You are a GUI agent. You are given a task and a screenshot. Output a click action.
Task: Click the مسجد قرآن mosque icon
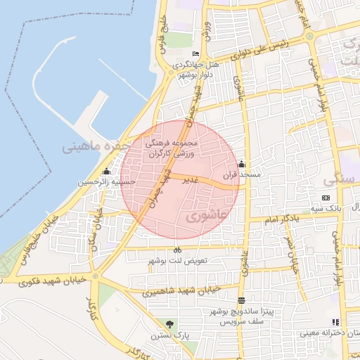[x=243, y=163]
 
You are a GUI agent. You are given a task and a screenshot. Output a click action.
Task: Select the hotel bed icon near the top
[x=195, y=54]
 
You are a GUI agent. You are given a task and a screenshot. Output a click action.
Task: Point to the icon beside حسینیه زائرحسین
[x=106, y=171]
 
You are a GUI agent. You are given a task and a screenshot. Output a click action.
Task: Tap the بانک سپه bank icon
[x=326, y=198]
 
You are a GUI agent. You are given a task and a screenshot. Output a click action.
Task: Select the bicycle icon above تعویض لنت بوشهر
[x=177, y=250]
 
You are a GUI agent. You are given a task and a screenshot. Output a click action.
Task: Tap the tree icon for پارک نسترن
[x=169, y=324]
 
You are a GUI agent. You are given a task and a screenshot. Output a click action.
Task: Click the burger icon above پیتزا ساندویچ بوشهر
[x=242, y=300]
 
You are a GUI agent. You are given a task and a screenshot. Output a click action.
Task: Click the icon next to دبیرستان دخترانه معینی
[x=316, y=322]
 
